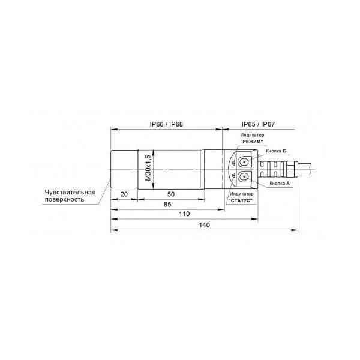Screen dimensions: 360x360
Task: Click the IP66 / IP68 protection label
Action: click(166, 124)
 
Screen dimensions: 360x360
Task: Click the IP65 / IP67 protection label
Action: click(258, 124)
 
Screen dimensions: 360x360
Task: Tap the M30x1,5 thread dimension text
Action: click(149, 168)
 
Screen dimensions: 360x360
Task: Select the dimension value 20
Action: click(124, 194)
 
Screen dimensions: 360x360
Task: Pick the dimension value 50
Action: click(171, 194)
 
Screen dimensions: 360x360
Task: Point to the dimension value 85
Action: click(167, 204)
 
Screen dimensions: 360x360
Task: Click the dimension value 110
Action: click(184, 214)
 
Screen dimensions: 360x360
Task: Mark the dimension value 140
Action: click(205, 225)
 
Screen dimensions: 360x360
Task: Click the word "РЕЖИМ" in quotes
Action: click(251, 142)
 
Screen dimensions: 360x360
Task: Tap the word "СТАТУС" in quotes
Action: click(241, 200)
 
